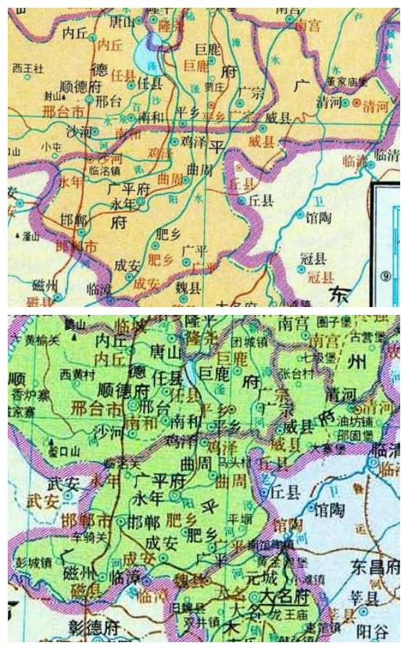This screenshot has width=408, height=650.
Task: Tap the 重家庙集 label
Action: (x=346, y=80)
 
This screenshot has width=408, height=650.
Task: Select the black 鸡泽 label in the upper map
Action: (x=191, y=143)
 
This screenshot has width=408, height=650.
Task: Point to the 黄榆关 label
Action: (x=41, y=339)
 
